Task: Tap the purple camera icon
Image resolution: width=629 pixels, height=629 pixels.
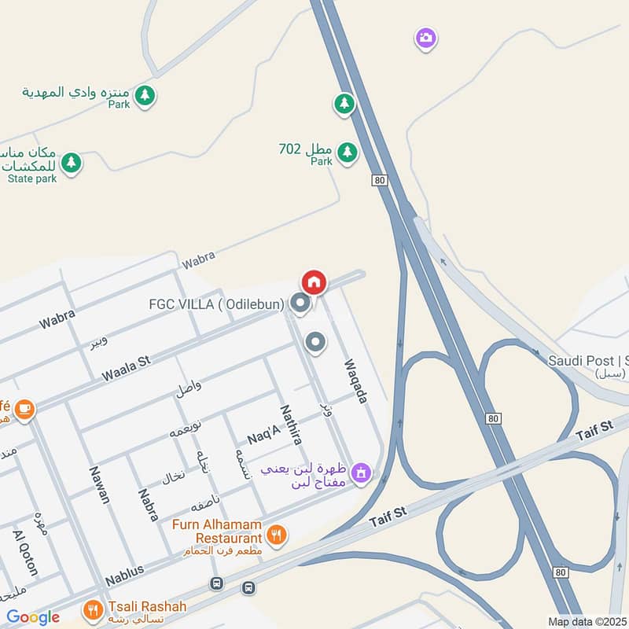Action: click(425, 38)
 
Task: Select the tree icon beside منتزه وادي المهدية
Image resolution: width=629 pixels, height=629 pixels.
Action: click(145, 96)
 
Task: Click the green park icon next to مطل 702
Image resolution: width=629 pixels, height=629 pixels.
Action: click(347, 151)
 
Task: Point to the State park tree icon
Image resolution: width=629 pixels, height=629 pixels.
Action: click(72, 163)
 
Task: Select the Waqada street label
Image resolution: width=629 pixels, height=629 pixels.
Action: click(356, 381)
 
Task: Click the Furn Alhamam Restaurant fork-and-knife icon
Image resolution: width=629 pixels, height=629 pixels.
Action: click(276, 535)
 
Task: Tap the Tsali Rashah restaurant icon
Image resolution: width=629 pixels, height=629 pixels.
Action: click(93, 609)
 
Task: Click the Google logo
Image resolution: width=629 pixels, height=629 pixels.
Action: click(33, 617)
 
